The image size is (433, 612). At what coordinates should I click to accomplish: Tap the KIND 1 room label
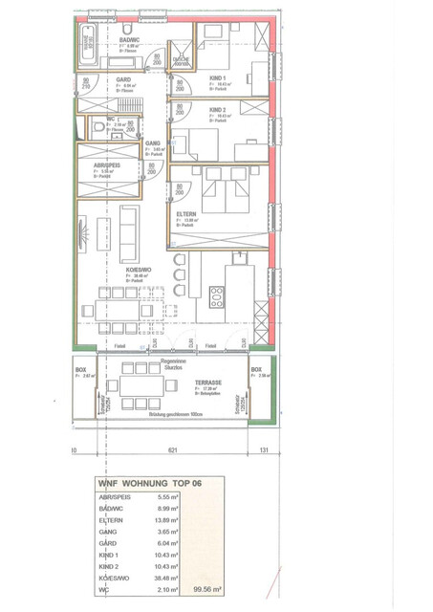tap(218, 77)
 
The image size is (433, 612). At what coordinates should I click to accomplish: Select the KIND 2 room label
tap(218, 111)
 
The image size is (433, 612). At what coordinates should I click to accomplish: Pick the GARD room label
tap(122, 80)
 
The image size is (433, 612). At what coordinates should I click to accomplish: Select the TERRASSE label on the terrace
tap(208, 380)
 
